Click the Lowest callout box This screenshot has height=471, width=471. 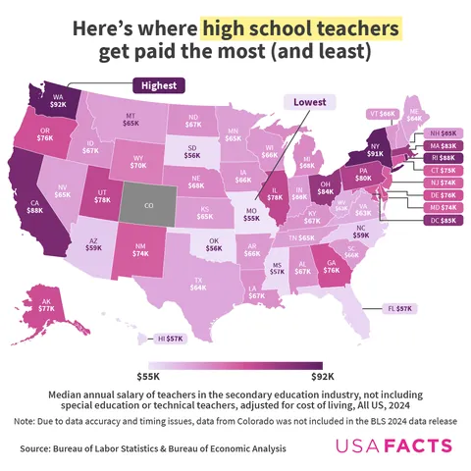(309, 102)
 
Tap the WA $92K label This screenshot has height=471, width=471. (59, 101)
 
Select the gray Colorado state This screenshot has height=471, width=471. (148, 206)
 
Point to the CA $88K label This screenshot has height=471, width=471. (34, 205)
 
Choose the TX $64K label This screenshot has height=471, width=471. (198, 285)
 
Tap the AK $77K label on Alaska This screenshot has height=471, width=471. (45, 305)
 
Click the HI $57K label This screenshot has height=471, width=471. (171, 339)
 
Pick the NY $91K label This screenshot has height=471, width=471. (376, 150)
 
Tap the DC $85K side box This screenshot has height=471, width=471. (442, 221)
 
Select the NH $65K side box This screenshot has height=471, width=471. (442, 131)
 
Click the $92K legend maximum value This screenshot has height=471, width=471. (323, 375)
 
